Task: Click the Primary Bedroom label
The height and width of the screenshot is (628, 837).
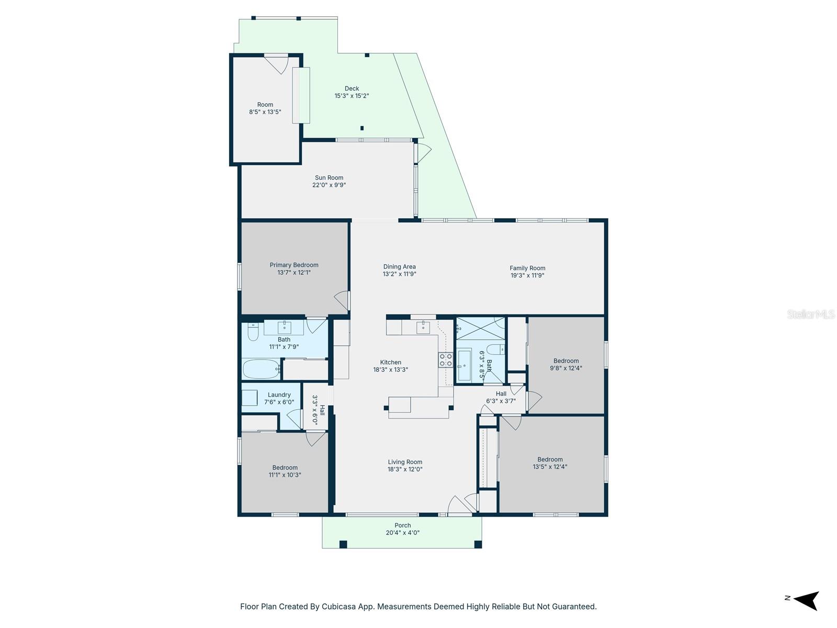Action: pyautogui.click(x=294, y=265)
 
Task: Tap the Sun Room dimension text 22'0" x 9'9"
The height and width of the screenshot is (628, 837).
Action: pyautogui.click(x=329, y=185)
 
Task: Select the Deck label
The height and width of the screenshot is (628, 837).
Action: pyautogui.click(x=352, y=88)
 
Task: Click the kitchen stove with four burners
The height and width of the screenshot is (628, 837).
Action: pyautogui.click(x=446, y=360)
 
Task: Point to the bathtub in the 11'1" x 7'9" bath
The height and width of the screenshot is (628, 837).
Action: pyautogui.click(x=261, y=369)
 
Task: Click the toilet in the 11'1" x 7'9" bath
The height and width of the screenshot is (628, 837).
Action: pyautogui.click(x=253, y=332)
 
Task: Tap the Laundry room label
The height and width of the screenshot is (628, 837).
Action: pyautogui.click(x=279, y=395)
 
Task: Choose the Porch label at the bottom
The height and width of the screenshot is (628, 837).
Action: pyautogui.click(x=402, y=525)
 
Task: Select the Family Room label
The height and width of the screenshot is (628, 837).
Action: pyautogui.click(x=527, y=268)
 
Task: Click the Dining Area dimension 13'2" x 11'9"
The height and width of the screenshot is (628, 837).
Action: pyautogui.click(x=399, y=274)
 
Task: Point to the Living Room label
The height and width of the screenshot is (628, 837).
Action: pyautogui.click(x=405, y=462)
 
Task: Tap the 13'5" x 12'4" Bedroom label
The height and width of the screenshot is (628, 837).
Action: pyautogui.click(x=550, y=459)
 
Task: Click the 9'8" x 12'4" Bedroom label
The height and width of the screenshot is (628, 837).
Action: pyautogui.click(x=566, y=361)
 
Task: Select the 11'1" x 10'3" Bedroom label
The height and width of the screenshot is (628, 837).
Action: pyautogui.click(x=285, y=468)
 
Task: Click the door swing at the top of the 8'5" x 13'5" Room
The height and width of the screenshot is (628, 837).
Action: pyautogui.click(x=277, y=63)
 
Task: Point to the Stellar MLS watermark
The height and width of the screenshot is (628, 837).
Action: pyautogui.click(x=811, y=314)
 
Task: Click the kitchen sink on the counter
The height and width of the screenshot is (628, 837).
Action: pyautogui.click(x=423, y=328)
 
